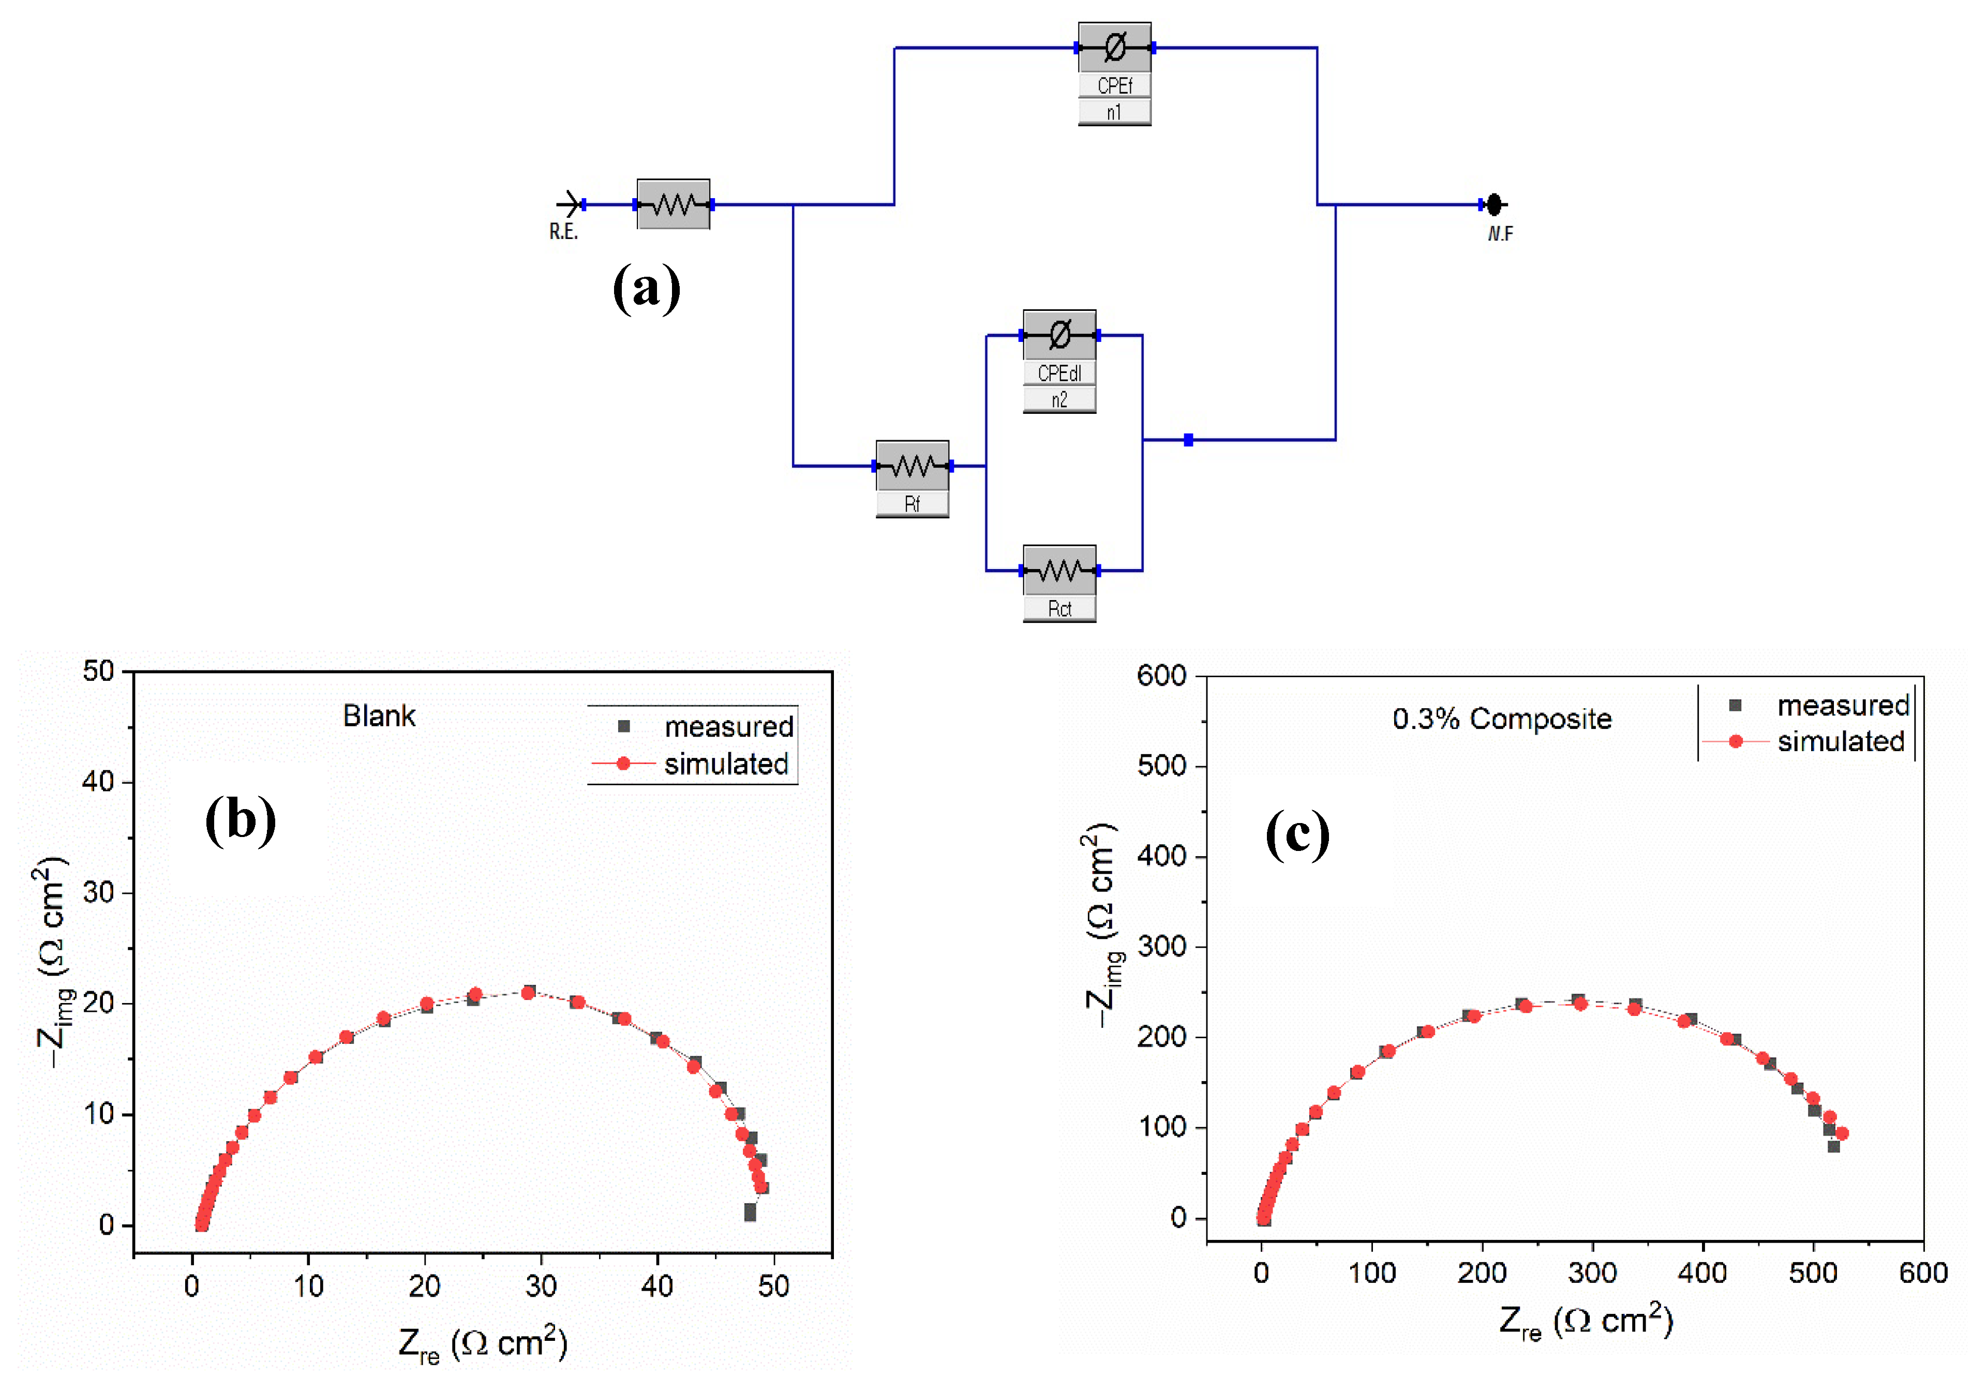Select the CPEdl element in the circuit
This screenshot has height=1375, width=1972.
(1059, 335)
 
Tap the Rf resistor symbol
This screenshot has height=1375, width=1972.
(912, 466)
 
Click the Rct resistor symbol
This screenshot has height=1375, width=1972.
(1059, 570)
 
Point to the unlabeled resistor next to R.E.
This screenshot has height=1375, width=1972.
(674, 204)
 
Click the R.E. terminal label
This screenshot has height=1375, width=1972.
(563, 232)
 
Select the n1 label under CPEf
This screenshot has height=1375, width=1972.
(1114, 112)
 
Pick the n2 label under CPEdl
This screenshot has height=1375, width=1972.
(1059, 400)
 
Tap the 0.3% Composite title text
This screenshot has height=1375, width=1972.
(1501, 719)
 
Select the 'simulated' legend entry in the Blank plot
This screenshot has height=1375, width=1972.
(726, 764)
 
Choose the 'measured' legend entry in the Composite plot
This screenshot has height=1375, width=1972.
(1842, 705)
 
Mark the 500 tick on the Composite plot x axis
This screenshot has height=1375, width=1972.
(1812, 1272)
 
